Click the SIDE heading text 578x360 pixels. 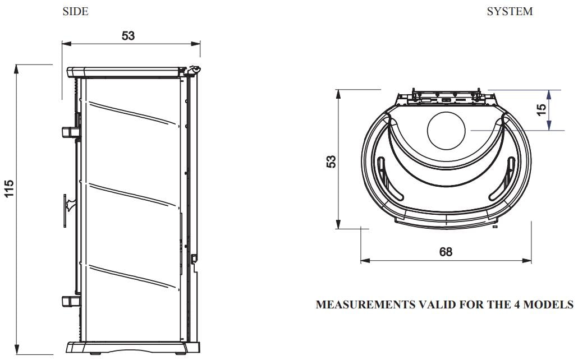75,12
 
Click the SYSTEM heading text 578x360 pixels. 510,12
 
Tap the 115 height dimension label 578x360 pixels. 9,190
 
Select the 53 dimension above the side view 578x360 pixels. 129,36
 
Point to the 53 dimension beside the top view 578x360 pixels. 332,161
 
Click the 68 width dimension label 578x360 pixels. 446,252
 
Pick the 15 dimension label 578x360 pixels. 542,110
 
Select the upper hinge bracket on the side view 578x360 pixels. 70,131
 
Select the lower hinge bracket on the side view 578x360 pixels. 70,301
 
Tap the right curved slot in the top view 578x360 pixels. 507,177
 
